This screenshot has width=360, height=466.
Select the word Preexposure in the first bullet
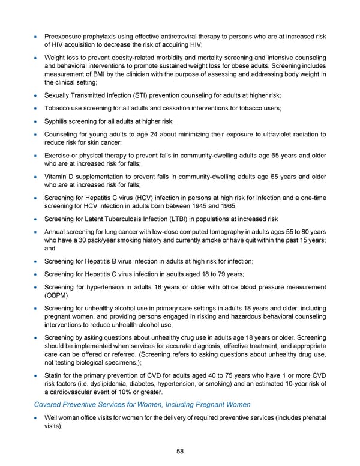(63, 37)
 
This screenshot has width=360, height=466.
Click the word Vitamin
(56, 177)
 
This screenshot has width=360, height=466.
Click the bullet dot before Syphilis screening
(37, 122)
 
